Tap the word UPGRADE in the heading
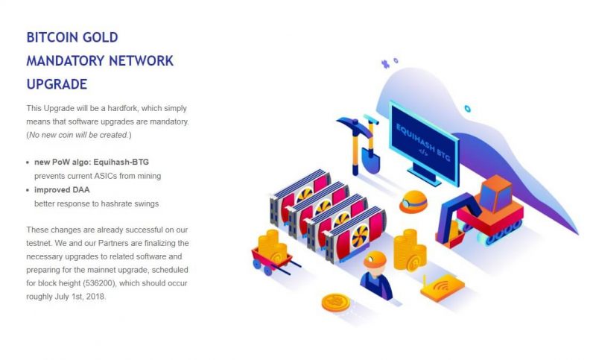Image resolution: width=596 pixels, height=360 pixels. tap(57, 83)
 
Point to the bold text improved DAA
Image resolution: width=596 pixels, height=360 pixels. tap(62, 189)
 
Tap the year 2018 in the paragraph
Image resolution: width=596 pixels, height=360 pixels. tap(95, 297)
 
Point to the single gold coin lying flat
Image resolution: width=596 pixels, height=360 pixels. tap(335, 302)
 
